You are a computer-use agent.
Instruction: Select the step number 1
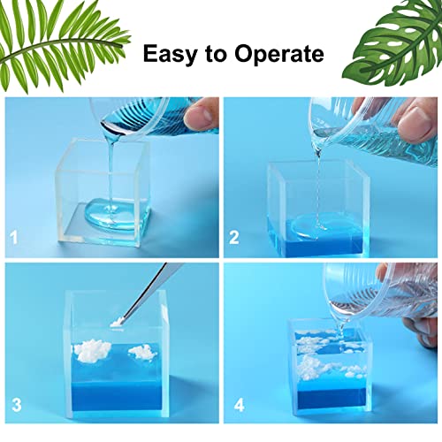point(14,238)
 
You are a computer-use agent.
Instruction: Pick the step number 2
point(234,238)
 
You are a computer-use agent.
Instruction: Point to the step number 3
point(17,405)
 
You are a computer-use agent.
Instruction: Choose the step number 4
point(240,405)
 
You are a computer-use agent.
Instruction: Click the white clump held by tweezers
point(118,324)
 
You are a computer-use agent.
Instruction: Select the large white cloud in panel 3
point(92,349)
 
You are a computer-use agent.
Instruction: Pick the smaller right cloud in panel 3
point(141,352)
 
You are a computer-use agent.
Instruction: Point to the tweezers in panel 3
point(148,293)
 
